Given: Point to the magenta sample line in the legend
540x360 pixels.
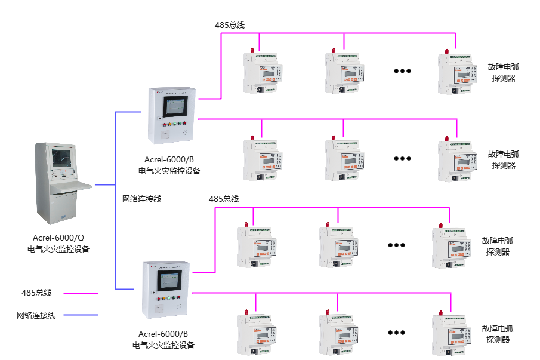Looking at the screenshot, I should point(81,293).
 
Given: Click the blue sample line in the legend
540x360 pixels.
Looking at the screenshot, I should point(81,315).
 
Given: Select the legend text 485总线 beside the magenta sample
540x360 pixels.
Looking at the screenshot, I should point(36,293).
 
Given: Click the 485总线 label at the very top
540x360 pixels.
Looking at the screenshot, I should point(230,25).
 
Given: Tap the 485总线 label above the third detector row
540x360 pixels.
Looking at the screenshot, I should point(224,198).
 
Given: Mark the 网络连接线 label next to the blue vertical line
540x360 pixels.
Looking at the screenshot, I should point(141,198).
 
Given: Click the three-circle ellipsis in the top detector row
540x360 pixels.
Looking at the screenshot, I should point(402,70).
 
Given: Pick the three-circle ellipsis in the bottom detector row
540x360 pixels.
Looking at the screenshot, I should point(396,333).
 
